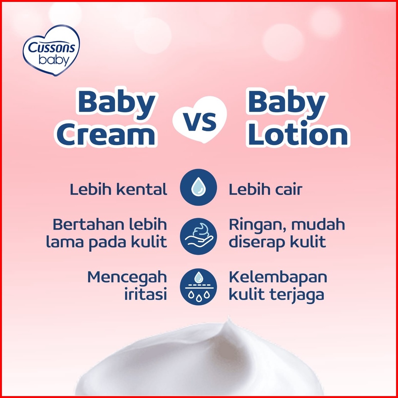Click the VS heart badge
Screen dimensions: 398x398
(x=199, y=119)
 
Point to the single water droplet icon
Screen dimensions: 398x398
(x=199, y=187)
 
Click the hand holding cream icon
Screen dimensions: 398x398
(x=199, y=236)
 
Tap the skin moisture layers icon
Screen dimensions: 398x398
(x=199, y=287)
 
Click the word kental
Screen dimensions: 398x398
(x=142, y=189)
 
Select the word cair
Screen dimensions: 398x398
(x=289, y=189)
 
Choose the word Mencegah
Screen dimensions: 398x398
(x=127, y=278)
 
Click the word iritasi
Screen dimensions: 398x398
(x=145, y=294)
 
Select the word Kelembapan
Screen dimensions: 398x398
(x=278, y=278)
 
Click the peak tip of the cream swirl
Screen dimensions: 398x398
(x=228, y=317)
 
